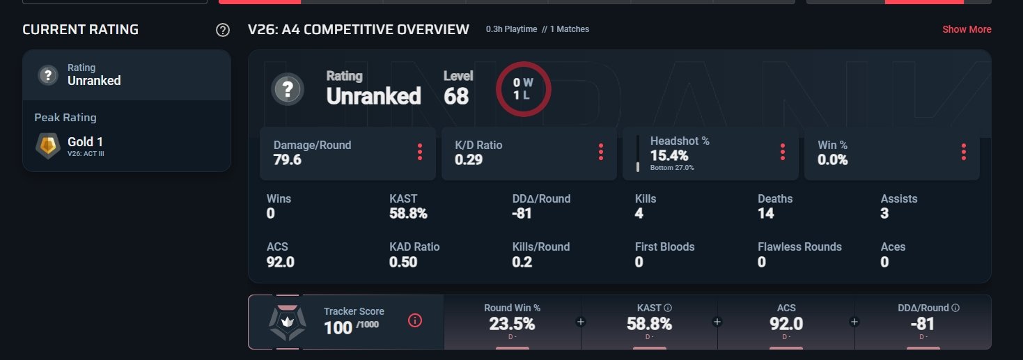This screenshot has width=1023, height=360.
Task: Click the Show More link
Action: point(967,29)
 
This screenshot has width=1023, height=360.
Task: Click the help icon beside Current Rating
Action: point(222,30)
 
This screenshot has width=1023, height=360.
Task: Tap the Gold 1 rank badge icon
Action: point(48,146)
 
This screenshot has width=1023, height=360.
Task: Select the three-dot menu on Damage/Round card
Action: point(420,152)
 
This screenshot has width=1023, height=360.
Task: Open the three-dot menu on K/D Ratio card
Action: point(600,152)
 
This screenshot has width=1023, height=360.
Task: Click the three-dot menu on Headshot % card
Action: point(782,152)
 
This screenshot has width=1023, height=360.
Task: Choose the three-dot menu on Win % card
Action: point(963,152)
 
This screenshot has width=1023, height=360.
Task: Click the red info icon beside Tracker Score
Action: point(414,321)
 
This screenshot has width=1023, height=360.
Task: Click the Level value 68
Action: point(455,96)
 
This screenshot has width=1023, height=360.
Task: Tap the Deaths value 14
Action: point(766,213)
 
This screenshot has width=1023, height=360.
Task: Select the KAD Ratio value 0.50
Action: point(403,262)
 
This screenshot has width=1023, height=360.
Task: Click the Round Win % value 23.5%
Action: point(512,324)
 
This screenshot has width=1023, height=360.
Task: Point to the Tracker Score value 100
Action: point(338,328)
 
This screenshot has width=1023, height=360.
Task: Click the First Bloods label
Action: point(664,246)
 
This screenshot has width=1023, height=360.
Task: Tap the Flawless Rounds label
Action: point(799,246)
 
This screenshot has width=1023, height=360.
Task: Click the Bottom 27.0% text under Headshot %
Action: point(672,168)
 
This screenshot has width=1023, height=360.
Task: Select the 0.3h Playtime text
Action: point(511,29)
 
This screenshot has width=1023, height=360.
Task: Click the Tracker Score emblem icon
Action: point(288,322)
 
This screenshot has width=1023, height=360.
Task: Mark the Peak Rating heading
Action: point(65,118)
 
